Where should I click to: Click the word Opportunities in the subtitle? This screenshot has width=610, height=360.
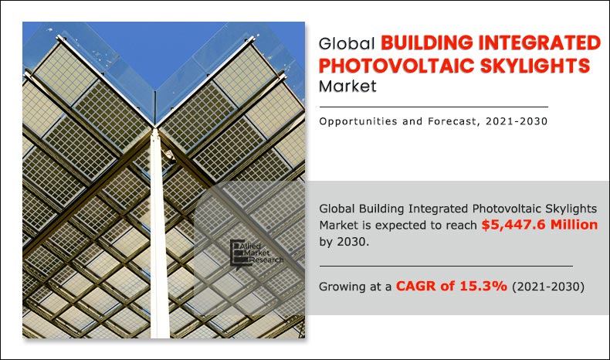pos(358,121)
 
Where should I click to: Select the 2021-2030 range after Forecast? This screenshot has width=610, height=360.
pos(520,121)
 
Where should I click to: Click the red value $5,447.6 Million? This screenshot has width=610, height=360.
pos(539,226)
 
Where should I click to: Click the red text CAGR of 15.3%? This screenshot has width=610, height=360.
pos(451,286)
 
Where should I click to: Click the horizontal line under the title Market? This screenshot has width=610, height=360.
pos(433,107)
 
